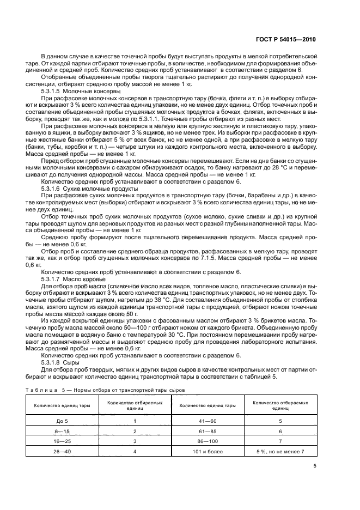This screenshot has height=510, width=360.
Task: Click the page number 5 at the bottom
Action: [x=315, y=466]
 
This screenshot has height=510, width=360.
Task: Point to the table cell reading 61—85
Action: [x=207, y=431]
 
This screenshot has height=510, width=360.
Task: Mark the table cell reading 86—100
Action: [x=207, y=441]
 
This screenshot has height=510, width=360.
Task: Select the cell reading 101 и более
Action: [x=207, y=452]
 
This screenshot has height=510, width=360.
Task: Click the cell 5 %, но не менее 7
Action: [x=280, y=452]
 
